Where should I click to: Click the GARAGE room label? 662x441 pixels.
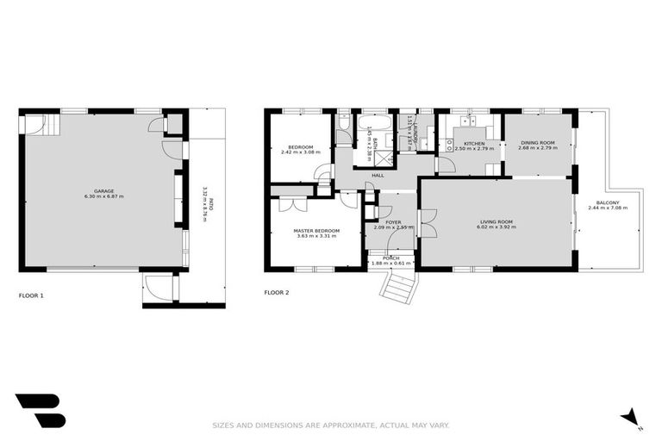pyautogui.click(x=103, y=191)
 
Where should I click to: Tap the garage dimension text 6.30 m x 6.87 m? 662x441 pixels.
pyautogui.click(x=103, y=197)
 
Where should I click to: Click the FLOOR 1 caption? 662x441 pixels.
pyautogui.click(x=31, y=295)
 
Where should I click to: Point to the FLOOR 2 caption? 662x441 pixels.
pyautogui.click(x=276, y=293)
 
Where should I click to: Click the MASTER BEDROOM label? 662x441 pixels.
pyautogui.click(x=316, y=230)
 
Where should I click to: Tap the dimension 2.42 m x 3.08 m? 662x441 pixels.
pyautogui.click(x=299, y=152)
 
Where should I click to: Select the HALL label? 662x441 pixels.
pyautogui.click(x=378, y=176)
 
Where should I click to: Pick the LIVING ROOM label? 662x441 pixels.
pyautogui.click(x=496, y=222)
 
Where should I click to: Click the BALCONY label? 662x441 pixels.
pyautogui.click(x=607, y=202)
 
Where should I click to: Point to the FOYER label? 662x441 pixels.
pyautogui.click(x=393, y=222)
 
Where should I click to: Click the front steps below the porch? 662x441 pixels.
pyautogui.click(x=397, y=284)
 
